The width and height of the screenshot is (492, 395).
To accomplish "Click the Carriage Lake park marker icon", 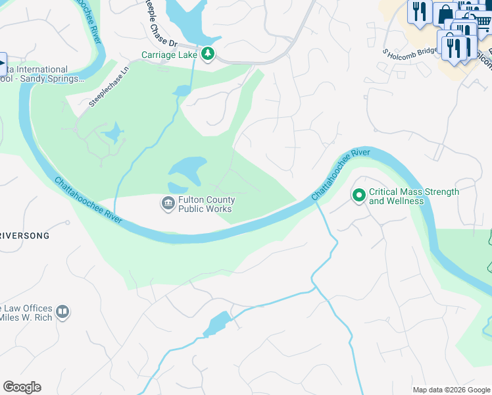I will [208, 54].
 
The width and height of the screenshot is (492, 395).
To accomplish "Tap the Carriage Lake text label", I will [169, 55].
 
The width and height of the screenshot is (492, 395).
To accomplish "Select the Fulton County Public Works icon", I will [168, 204].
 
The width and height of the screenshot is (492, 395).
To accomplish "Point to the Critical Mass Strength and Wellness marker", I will [358, 196].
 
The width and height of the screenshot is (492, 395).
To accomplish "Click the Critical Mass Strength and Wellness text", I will [414, 196].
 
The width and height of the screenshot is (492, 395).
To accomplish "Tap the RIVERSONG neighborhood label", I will [25, 235].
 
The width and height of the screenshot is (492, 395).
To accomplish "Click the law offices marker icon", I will [62, 311].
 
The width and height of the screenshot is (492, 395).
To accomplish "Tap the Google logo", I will [22, 387].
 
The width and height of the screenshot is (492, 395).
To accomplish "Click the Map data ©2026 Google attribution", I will [451, 390].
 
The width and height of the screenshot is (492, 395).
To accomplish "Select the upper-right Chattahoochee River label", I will [341, 174].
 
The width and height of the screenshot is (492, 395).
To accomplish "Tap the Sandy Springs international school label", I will [39, 74].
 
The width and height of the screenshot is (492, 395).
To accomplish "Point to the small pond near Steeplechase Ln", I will [113, 134].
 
